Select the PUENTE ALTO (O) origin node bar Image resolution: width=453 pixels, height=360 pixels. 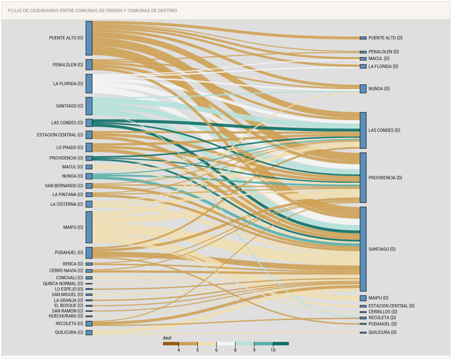(89, 38)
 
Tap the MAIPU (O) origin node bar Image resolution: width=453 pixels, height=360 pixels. (89, 227)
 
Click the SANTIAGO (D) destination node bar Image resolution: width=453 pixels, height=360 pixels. (363, 249)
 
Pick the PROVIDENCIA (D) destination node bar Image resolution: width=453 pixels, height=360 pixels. (363, 178)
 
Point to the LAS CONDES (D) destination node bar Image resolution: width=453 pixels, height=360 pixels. (363, 130)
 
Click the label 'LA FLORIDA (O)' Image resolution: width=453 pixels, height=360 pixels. (68, 84)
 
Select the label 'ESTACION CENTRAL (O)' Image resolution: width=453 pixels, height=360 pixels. (60, 135)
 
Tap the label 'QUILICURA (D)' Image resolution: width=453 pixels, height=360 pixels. (382, 333)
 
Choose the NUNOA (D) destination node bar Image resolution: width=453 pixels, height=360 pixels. (363, 89)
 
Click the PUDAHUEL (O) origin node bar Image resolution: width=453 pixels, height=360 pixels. (89, 253)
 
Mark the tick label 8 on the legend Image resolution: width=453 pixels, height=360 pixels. (235, 350)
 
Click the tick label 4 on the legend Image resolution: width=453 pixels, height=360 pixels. (179, 350)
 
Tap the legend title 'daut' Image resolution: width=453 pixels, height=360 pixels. (167, 338)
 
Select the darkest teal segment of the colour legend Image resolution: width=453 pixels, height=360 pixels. (281, 344)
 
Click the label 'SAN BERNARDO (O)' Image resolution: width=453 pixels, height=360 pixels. (64, 186)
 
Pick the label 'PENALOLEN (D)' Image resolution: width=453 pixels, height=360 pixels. (384, 52)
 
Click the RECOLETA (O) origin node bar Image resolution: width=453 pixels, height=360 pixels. (89, 324)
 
